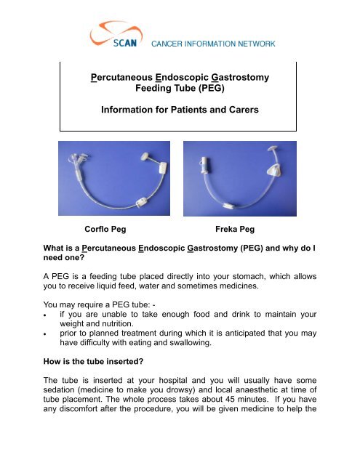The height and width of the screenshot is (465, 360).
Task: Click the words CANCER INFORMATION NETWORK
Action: pos(212,44)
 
